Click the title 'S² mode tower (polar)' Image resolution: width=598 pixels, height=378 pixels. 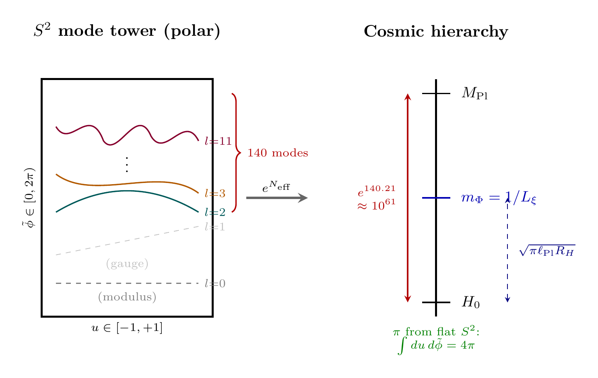127,31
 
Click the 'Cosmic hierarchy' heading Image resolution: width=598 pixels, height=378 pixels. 436,31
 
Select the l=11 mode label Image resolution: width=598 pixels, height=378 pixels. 218,141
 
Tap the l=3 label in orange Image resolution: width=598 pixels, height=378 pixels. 215,194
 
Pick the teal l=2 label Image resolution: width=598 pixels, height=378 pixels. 215,212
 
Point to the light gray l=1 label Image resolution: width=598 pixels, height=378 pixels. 215,227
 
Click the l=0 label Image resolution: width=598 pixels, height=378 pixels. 215,284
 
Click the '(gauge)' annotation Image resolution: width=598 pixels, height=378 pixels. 127,264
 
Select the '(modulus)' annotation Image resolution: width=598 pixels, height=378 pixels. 127,297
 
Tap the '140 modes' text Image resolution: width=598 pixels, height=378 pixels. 278,153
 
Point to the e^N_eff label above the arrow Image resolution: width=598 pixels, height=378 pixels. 276,187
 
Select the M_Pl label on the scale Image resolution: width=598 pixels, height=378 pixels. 474,94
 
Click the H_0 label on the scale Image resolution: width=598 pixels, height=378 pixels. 470,302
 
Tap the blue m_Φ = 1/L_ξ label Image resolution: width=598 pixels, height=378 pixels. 499,198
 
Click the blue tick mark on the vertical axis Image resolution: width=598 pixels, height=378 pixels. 436,198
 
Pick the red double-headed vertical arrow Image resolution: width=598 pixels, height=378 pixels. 408,198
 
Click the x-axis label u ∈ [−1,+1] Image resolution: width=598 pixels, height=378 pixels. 127,329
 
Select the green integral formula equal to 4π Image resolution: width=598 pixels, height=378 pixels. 436,345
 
